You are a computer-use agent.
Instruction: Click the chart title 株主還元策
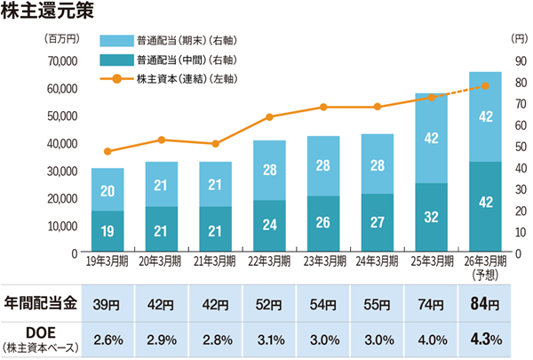pyautogui.click(x=44, y=14)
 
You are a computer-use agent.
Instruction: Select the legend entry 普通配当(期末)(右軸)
pyautogui.click(x=187, y=41)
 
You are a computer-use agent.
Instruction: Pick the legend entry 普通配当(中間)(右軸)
pyautogui.click(x=187, y=60)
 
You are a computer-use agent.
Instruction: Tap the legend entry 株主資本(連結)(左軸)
pyautogui.click(x=187, y=79)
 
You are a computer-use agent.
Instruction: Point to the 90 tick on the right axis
pyautogui.click(x=520, y=61)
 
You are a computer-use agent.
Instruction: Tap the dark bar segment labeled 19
pyautogui.click(x=107, y=231)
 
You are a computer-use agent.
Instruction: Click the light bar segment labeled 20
pyautogui.click(x=107, y=190)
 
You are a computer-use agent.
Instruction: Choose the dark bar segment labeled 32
pyautogui.click(x=431, y=217)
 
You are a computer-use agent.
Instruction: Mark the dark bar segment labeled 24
pyautogui.click(x=269, y=225)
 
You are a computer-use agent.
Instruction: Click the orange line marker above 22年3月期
pyautogui.click(x=269, y=116)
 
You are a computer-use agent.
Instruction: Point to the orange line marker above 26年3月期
pyautogui.click(x=485, y=86)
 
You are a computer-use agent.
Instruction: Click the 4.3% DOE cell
pyautogui.click(x=485, y=339)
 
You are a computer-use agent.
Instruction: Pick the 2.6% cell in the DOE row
pyautogui.click(x=107, y=339)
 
